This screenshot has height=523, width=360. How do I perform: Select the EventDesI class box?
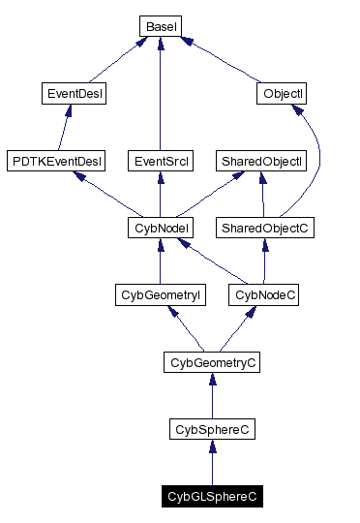click(x=75, y=94)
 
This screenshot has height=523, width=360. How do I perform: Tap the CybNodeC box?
click(x=264, y=295)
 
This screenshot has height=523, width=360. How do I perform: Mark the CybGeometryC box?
click(x=212, y=362)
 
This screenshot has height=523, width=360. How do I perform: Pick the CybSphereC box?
click(x=212, y=429)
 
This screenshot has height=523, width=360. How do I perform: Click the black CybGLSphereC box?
click(x=212, y=497)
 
